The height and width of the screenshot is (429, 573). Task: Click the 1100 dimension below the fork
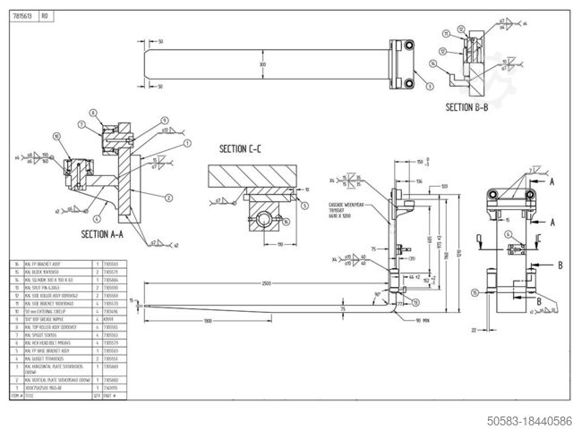click(207, 319)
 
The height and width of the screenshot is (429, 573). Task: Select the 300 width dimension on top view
click(262, 64)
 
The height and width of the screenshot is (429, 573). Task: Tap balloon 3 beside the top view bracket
click(430, 86)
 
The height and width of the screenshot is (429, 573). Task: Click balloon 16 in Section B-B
click(434, 63)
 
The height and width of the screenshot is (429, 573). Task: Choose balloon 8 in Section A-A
click(93, 113)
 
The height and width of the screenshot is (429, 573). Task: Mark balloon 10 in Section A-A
click(56, 137)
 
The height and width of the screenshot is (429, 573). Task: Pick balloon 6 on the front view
click(507, 234)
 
